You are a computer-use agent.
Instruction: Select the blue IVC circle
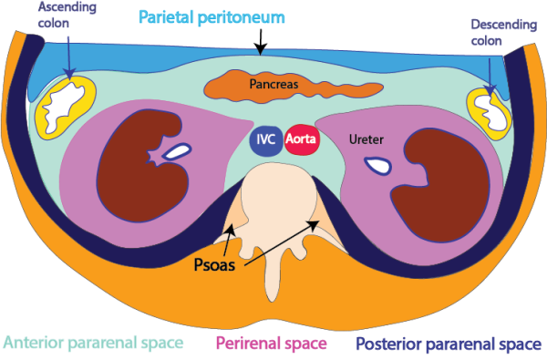pos(265,141)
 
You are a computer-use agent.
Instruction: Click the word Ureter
pos(366,140)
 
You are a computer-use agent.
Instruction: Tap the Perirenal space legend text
pos(273,343)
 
